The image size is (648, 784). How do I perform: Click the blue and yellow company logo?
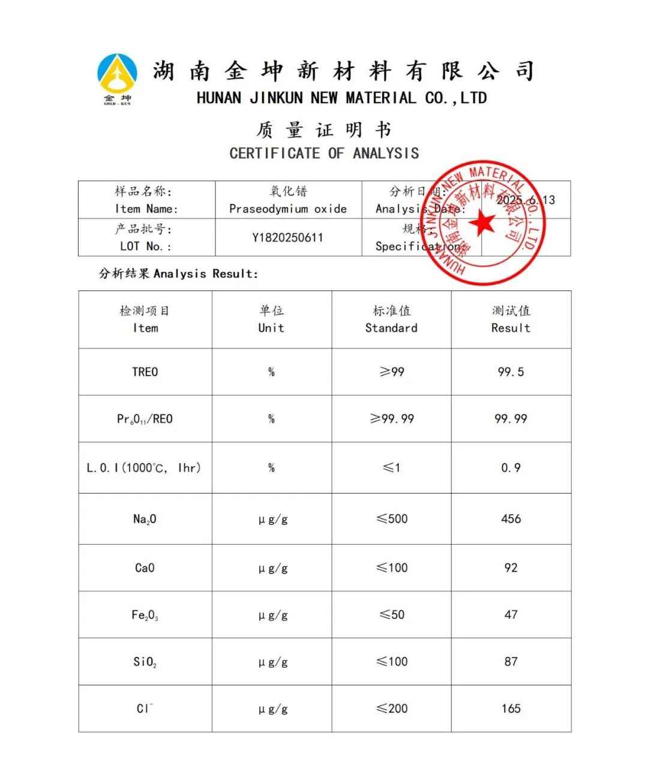117,77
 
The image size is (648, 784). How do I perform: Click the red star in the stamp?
482,223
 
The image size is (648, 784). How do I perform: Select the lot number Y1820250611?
287,238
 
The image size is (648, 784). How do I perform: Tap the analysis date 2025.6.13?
526,200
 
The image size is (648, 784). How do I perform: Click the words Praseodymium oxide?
288,209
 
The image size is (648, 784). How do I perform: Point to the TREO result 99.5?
511,372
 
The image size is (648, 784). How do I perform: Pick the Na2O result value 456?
511,519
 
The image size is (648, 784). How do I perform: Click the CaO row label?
145,567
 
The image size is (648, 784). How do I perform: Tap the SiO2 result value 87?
511,662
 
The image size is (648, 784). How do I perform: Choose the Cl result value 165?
511,708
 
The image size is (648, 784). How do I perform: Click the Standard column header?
391,328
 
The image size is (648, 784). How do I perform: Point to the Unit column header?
271,328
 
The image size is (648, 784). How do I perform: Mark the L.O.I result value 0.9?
511,468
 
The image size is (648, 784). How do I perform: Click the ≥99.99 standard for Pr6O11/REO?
392,419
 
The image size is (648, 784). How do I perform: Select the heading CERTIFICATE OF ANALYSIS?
324,154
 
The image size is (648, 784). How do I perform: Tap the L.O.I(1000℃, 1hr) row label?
144,468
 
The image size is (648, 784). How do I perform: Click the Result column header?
511,328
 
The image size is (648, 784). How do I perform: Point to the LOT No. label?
145,246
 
